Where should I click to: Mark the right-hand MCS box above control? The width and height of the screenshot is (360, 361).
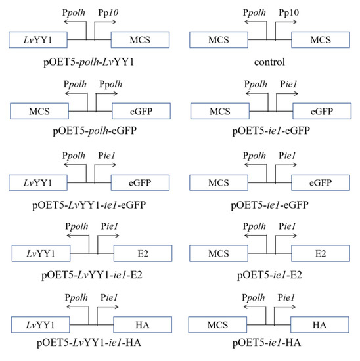coord(320,40)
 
